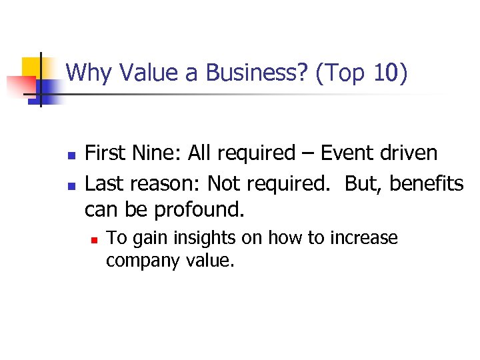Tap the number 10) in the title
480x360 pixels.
(390, 73)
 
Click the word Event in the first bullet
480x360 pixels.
(348, 153)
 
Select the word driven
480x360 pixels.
(409, 153)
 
